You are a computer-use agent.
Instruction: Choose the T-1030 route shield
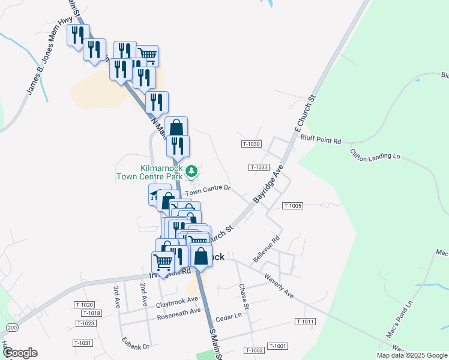[252, 144]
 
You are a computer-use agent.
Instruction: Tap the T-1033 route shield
[259, 167]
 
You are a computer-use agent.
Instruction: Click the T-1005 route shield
[292, 206]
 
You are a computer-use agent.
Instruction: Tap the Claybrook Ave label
[176, 300]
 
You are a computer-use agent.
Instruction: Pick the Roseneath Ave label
[178, 311]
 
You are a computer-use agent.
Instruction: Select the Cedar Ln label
[228, 316]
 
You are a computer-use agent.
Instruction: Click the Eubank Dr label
[137, 346]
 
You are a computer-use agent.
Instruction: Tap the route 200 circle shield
[13, 328]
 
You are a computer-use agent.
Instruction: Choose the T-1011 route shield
[305, 322]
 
